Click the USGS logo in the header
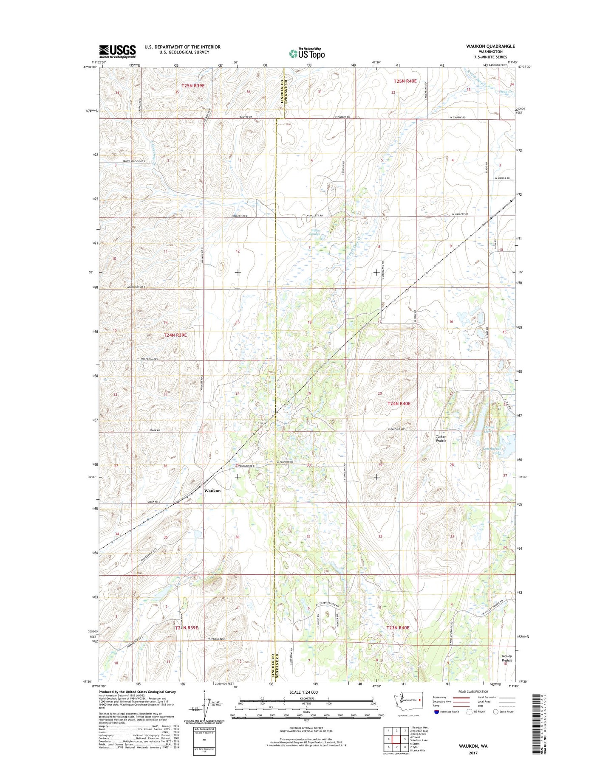(x=117, y=51)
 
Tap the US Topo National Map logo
(x=307, y=53)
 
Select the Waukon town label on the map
(x=212, y=491)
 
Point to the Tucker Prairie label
(x=441, y=439)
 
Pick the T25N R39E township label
(x=193, y=86)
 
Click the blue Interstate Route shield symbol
(x=436, y=723)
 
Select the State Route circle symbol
(x=495, y=723)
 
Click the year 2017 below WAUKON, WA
(x=473, y=753)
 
